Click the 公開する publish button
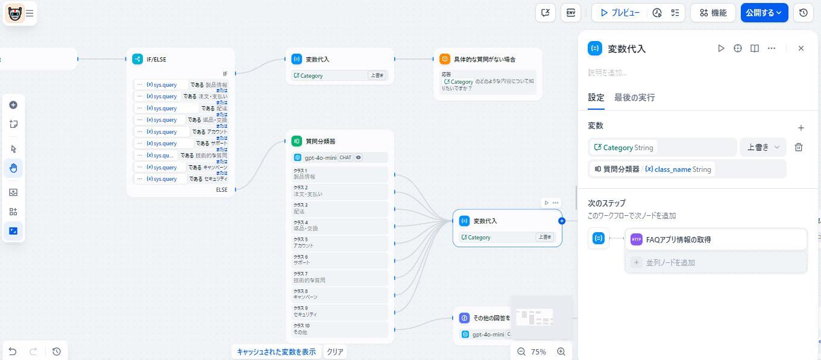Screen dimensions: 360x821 coord(764,13)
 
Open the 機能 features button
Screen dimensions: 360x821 coord(713,13)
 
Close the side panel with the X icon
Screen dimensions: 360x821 coord(801,48)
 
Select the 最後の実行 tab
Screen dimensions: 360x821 coord(634,97)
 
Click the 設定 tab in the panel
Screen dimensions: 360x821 coord(596,97)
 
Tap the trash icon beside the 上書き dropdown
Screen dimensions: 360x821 coord(799,147)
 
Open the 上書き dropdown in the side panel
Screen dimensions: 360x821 coord(763,147)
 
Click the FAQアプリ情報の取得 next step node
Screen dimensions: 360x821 coord(715,239)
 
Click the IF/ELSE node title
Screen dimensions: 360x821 coord(156,59)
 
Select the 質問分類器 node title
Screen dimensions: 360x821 coord(320,141)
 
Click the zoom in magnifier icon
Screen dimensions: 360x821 coord(561,352)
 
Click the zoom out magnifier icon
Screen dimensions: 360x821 coord(521,352)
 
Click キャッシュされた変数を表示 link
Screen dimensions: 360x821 coord(276,352)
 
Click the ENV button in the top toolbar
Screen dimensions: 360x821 coord(570,13)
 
